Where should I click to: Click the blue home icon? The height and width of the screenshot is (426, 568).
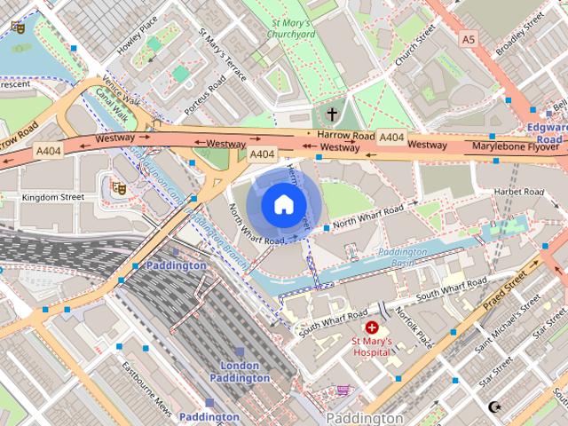(x=282, y=204)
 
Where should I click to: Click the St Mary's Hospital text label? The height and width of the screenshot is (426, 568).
(x=371, y=346)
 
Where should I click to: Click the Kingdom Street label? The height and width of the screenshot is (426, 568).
(x=52, y=197)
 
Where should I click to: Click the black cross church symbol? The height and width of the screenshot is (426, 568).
(x=333, y=114)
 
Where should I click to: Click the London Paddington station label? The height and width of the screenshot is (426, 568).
(x=240, y=372)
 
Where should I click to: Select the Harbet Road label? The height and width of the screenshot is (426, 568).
(x=520, y=190)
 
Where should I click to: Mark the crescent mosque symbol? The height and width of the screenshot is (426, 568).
(x=494, y=407)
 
